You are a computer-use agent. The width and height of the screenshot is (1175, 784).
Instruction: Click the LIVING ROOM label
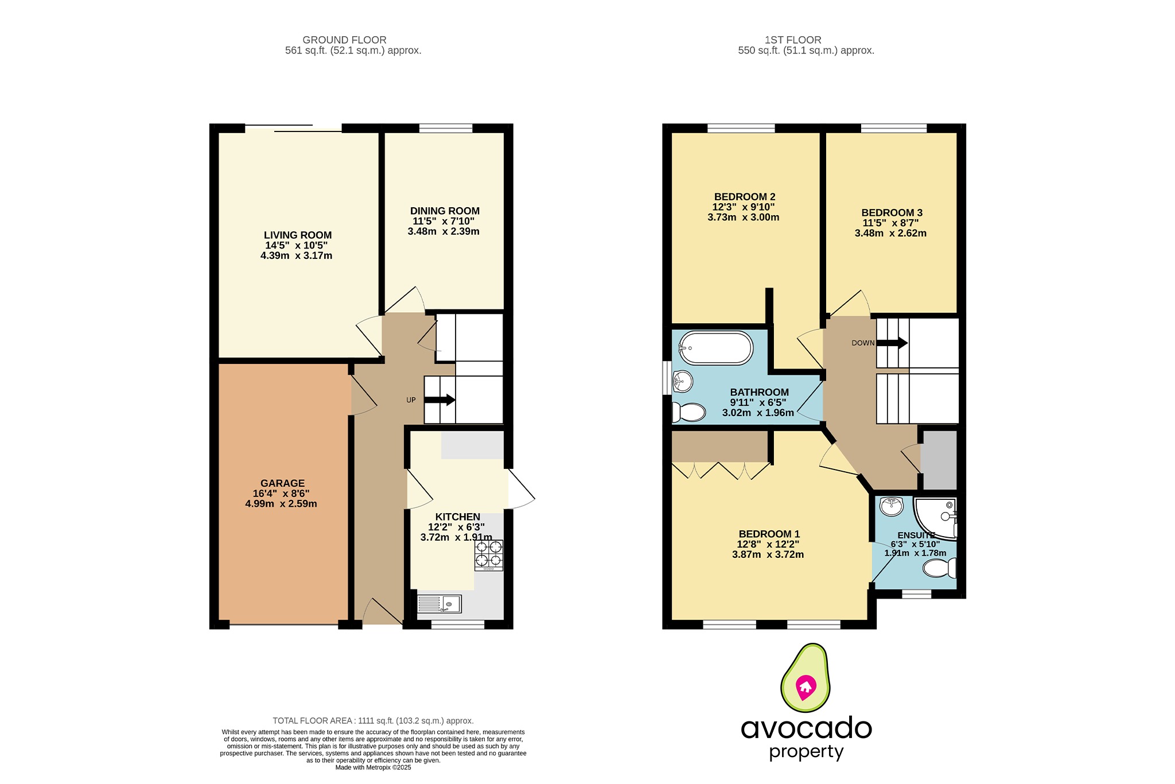pos(297,235)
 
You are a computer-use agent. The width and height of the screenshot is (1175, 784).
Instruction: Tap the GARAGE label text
pos(282,483)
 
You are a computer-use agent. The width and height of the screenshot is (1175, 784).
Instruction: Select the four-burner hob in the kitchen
pos(488,554)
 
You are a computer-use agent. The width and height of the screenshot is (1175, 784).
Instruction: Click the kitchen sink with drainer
pos(439,604)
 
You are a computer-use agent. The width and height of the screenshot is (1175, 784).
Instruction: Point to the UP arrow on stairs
pos(439,400)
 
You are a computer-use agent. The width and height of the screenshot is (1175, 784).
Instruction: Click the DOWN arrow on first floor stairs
pos(892,343)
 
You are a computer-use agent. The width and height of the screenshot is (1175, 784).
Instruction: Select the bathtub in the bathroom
pos(715,348)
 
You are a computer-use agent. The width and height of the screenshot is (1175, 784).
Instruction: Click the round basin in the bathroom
pos(683,381)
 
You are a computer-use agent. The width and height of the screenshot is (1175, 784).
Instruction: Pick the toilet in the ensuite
pos(939,568)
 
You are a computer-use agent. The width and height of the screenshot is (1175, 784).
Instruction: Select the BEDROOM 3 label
pos(892,212)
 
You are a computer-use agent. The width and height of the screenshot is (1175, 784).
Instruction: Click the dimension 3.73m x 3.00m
pos(743,218)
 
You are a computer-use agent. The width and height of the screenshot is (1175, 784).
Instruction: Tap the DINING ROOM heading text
pos(445,211)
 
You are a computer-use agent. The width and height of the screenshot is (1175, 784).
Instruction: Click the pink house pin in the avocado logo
pos(806,687)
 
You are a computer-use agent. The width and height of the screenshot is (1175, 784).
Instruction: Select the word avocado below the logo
pos(806,728)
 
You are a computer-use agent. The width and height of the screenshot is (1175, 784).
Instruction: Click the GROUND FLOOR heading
pos(344,40)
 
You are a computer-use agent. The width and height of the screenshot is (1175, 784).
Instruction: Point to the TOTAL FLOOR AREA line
pos(373,720)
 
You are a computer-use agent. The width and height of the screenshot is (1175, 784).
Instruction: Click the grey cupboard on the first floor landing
pos(939,459)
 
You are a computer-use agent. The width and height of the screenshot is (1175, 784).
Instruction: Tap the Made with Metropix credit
pos(373,767)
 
